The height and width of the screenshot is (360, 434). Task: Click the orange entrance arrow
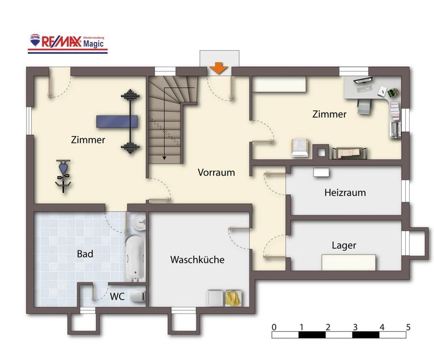(x=219, y=68)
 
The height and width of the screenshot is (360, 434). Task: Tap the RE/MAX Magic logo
(x=68, y=42)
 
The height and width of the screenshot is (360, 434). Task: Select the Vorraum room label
(x=216, y=172)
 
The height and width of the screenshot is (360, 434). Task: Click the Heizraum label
(x=345, y=192)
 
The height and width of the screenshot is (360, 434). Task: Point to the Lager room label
(x=344, y=245)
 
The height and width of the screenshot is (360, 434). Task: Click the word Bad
(x=85, y=254)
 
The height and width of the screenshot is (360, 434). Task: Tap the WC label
(x=118, y=296)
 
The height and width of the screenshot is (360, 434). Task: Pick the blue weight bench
(x=117, y=122)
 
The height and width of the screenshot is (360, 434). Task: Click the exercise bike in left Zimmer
(x=64, y=175)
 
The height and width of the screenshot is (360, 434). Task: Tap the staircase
(x=170, y=119)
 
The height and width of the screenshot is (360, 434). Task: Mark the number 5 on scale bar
(x=408, y=327)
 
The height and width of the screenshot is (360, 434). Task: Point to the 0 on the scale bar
(x=274, y=327)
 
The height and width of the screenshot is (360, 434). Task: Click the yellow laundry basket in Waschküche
(x=233, y=297)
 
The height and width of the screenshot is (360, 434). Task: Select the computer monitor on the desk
(x=362, y=81)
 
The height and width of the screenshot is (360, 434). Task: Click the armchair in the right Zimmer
(x=300, y=147)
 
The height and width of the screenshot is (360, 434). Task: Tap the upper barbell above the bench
(x=130, y=96)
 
